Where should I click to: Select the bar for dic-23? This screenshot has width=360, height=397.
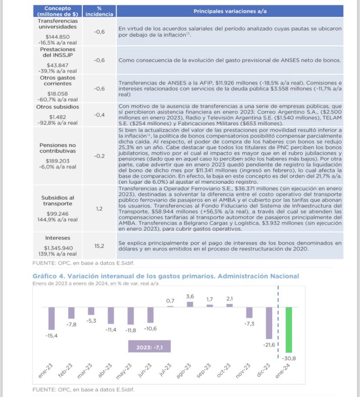(269, 323)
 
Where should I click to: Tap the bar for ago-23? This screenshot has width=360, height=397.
(190, 304)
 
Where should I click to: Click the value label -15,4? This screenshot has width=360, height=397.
(52, 336)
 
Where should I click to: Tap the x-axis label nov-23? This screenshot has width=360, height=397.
(244, 372)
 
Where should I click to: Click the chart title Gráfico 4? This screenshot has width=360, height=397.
(166, 276)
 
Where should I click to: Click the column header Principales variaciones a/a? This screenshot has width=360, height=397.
(230, 10)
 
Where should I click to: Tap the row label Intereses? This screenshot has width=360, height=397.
(57, 238)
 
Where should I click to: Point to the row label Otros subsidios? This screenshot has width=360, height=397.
(57, 106)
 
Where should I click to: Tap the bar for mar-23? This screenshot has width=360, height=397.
(91, 311)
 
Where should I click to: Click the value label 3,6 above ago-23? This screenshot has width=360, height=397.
(190, 296)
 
